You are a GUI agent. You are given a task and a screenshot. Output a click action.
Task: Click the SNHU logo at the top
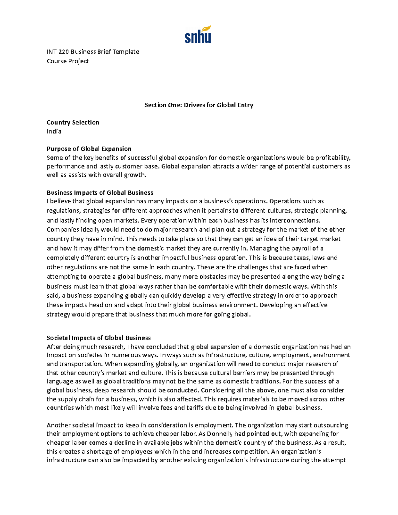point(198,35)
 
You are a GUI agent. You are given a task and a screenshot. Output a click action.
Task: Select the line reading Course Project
point(68,61)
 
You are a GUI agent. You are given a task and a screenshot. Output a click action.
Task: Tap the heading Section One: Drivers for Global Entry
point(199,105)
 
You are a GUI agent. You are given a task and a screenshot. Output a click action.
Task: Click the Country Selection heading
point(73,122)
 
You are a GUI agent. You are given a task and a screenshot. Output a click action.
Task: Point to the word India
point(54,131)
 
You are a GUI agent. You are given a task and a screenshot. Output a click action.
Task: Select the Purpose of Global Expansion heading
point(89,149)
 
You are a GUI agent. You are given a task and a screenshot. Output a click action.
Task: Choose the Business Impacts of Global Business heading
point(100,193)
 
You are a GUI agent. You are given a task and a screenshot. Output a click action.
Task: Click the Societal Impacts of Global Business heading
point(99,338)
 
